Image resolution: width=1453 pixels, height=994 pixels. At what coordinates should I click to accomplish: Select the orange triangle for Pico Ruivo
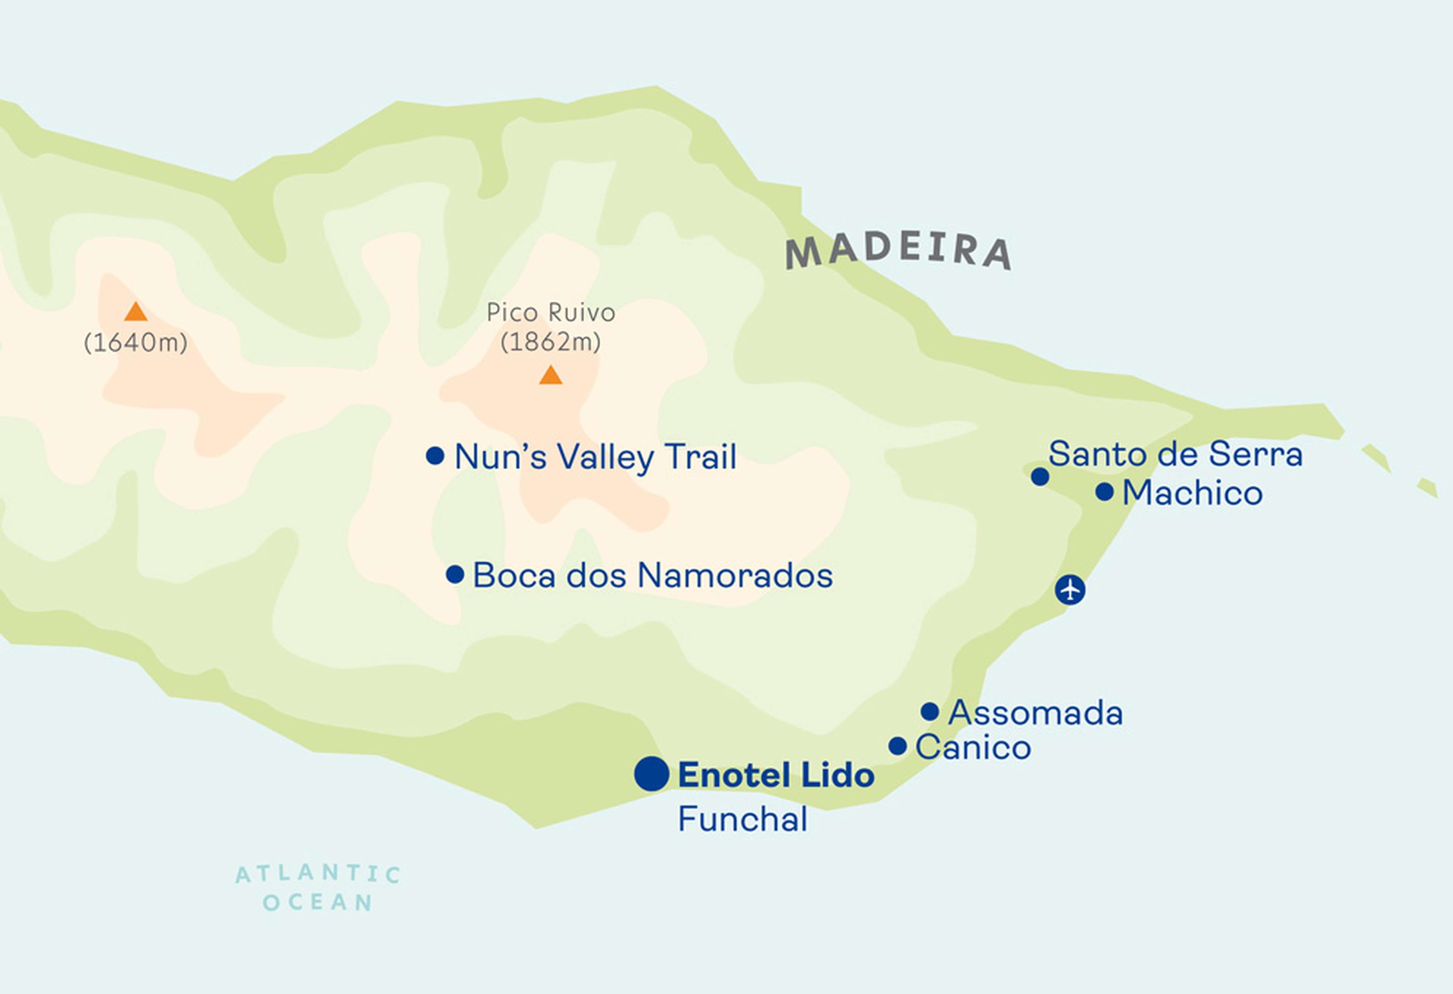click(550, 375)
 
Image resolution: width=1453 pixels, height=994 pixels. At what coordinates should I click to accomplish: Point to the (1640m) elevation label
click(136, 343)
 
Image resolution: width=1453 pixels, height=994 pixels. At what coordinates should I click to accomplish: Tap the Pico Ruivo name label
click(551, 312)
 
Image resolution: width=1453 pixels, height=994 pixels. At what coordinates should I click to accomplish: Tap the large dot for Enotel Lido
click(652, 773)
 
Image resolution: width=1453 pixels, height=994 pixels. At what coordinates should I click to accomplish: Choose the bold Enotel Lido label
click(776, 775)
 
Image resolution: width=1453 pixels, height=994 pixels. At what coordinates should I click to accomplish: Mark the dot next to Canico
click(897, 746)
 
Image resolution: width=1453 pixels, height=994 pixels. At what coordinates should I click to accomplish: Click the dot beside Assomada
click(930, 711)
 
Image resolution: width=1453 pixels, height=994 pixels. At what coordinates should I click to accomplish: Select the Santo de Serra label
click(1175, 454)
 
